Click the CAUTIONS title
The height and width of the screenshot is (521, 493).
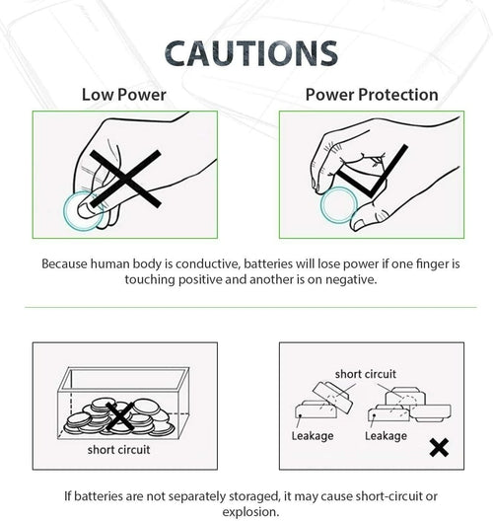[x=251, y=53]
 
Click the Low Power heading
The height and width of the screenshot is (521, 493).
[x=124, y=95]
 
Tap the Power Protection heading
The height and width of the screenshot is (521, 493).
[x=372, y=95]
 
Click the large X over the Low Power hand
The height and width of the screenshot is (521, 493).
[x=125, y=179]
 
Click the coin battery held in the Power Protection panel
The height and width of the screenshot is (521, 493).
[x=338, y=204]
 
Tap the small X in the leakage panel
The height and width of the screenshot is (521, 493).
[x=439, y=447]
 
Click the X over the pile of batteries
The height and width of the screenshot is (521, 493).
[x=119, y=415]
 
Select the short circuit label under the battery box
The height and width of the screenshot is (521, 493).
[x=118, y=450]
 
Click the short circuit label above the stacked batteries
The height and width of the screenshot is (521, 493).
[x=365, y=374]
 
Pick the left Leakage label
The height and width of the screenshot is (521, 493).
[x=313, y=435]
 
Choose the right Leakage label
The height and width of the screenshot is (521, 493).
[x=386, y=435]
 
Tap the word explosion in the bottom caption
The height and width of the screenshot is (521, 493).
[x=250, y=512]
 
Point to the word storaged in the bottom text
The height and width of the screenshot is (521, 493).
[x=254, y=496]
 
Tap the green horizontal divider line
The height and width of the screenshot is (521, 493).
[x=250, y=307]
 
